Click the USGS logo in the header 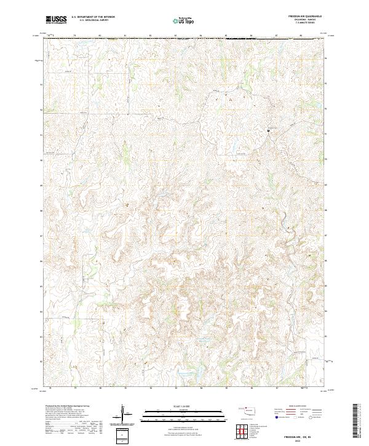56,20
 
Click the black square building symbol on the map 268,130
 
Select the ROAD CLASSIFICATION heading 298,407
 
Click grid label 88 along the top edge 301,36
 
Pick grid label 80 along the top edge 100,36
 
